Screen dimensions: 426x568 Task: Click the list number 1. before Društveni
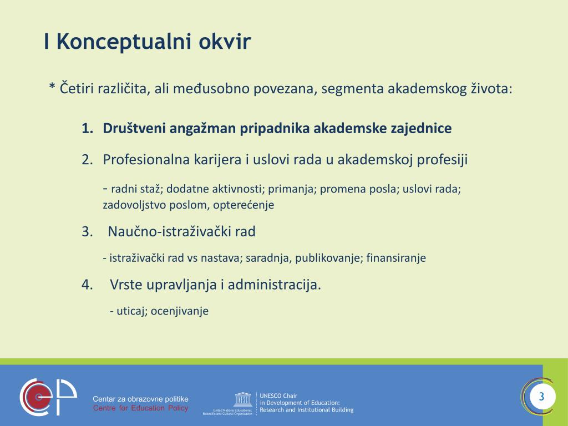point(87,129)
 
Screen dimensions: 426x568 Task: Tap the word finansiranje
point(396,258)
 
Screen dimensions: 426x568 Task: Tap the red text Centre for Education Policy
point(140,408)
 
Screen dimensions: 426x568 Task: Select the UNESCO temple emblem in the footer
point(242,399)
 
